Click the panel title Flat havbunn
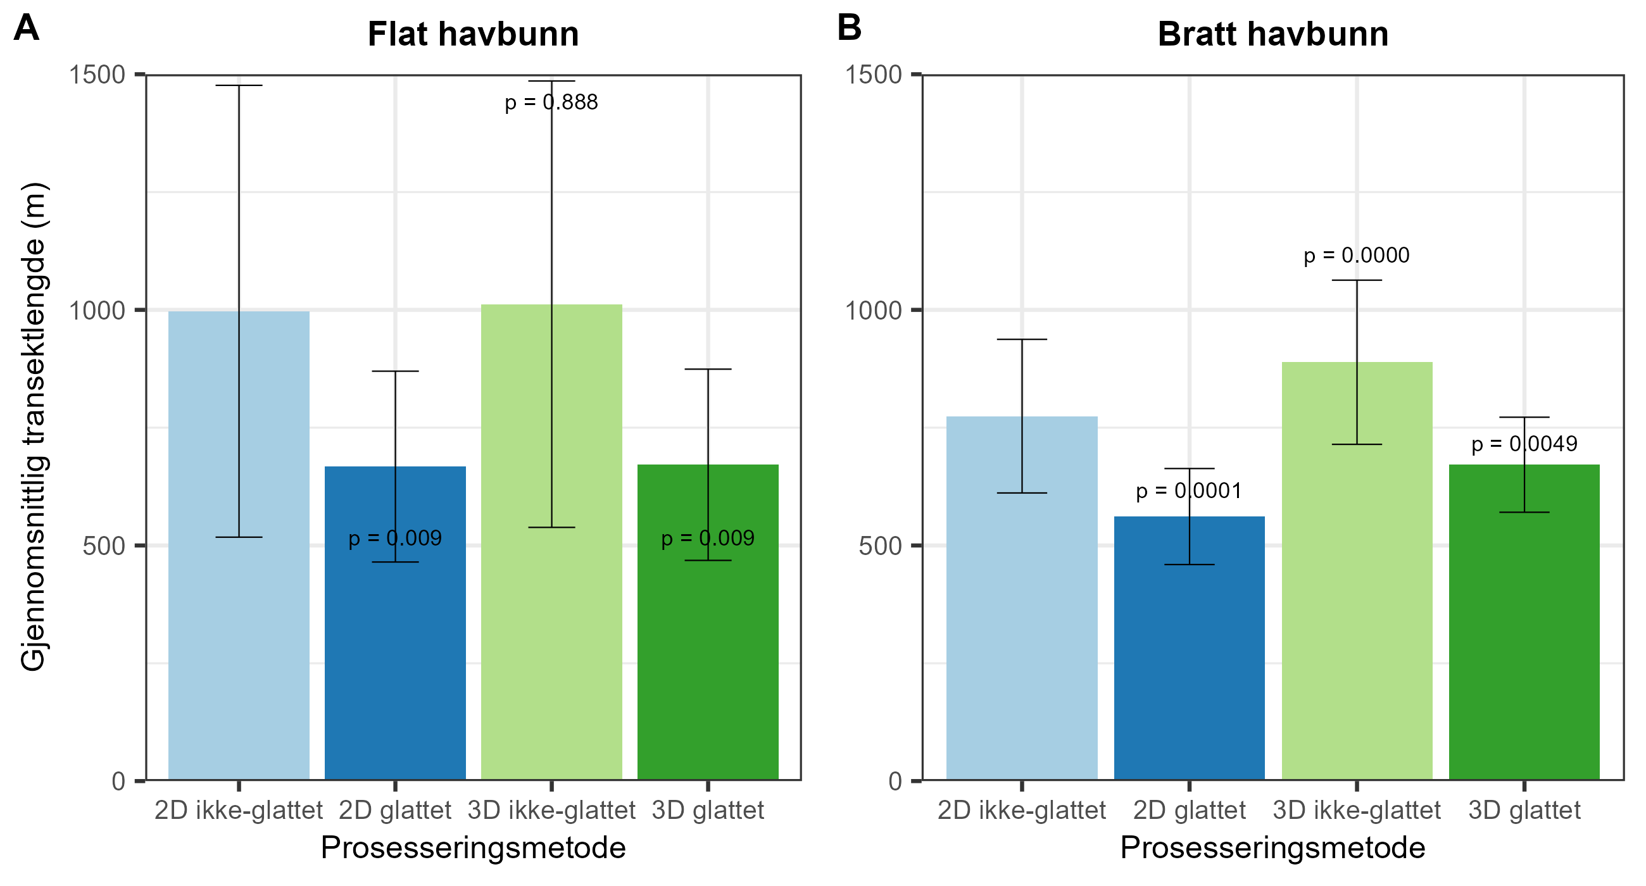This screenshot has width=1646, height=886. pyautogui.click(x=473, y=35)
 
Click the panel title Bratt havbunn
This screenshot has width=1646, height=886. pyautogui.click(x=1273, y=35)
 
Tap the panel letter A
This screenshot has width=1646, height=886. pyautogui.click(x=26, y=28)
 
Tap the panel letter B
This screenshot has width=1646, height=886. pyautogui.click(x=849, y=28)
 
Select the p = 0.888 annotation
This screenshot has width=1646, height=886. pyautogui.click(x=551, y=102)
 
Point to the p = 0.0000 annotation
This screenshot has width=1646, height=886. pyautogui.click(x=1356, y=256)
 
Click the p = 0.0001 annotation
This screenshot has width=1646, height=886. pyautogui.click(x=1188, y=491)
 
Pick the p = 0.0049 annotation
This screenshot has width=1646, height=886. pyautogui.click(x=1524, y=444)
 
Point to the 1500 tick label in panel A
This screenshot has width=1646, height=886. pyautogui.click(x=97, y=75)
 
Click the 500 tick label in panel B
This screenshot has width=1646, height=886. pyautogui.click(x=880, y=546)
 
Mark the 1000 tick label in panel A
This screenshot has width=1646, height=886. pyautogui.click(x=97, y=311)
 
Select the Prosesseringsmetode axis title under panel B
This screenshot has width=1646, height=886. pyautogui.click(x=1273, y=848)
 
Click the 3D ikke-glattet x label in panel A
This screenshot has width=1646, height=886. pyautogui.click(x=551, y=811)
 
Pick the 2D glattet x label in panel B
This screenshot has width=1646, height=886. pyautogui.click(x=1188, y=811)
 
